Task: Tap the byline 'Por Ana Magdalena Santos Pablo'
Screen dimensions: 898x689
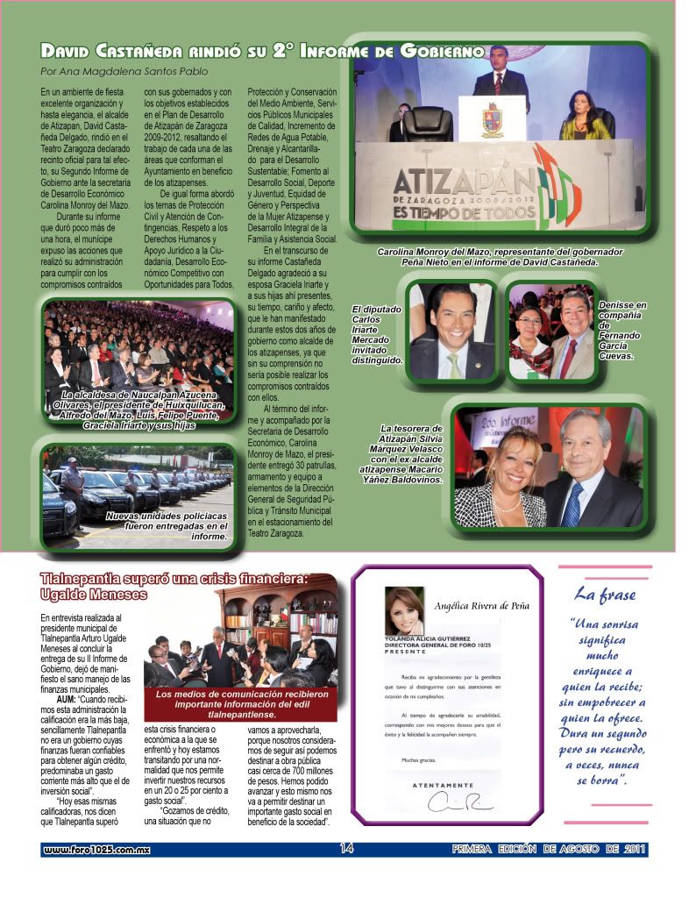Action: tap(125, 71)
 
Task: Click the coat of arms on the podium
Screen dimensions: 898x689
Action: tap(493, 118)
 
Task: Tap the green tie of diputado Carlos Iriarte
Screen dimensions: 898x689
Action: tap(453, 360)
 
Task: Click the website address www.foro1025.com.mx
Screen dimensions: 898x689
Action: tap(96, 849)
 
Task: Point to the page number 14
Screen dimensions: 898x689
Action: tap(346, 848)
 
